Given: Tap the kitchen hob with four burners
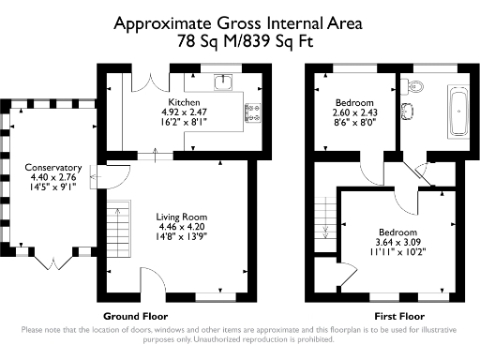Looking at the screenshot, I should pos(252,112).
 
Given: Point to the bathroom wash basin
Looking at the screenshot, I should pos(407,113).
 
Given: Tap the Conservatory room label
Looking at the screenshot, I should pos(53,169).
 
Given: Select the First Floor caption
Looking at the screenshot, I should pos(399,317).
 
